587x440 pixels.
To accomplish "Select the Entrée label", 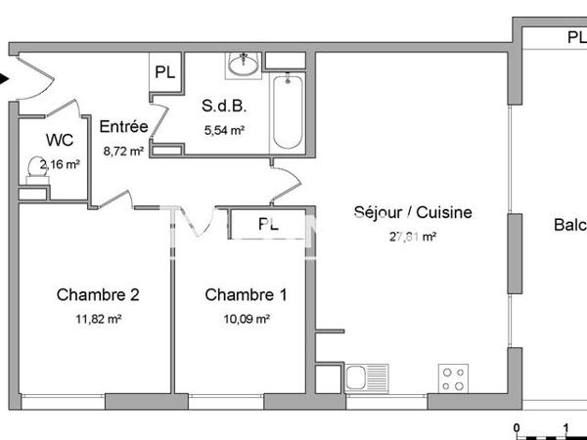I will pyautogui.click(x=123, y=126).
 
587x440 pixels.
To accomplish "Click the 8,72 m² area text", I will pyautogui.click(x=125, y=152).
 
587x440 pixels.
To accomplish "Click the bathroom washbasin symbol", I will pyautogui.click(x=242, y=66).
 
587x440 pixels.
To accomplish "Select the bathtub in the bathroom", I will pyautogui.click(x=288, y=110).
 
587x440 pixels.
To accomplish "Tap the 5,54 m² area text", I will pyautogui.click(x=223, y=130).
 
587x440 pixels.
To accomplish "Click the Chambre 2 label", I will pyautogui.click(x=98, y=294).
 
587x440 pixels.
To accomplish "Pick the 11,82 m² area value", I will pyautogui.click(x=99, y=319).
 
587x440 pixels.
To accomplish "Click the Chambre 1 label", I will pyautogui.click(x=246, y=294).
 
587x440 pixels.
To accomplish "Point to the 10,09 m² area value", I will pyautogui.click(x=248, y=319).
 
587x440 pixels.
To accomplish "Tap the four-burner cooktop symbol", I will pyautogui.click(x=453, y=377).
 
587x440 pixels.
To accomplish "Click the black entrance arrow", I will pyautogui.click(x=5, y=80).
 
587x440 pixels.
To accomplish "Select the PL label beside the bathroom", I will pyautogui.click(x=164, y=72).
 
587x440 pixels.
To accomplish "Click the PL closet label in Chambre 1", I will pyautogui.click(x=268, y=224).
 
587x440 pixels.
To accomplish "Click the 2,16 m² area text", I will pyautogui.click(x=59, y=164).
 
